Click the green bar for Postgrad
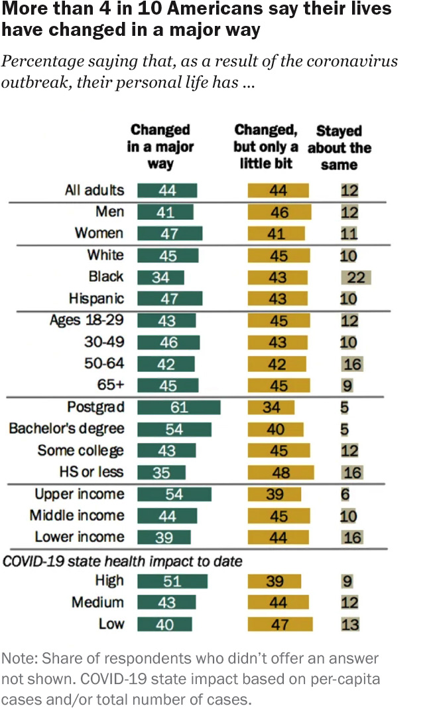[179, 407]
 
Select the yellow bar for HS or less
[280, 472]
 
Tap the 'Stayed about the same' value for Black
[356, 277]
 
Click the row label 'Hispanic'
[96, 298]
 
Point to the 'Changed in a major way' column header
[160, 147]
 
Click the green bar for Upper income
[174, 494]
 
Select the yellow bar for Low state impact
[279, 624]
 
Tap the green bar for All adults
[167, 190]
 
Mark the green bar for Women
[170, 233]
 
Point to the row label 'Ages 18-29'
[87, 320]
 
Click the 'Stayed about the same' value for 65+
[347, 385]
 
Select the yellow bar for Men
[279, 212]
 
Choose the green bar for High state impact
[172, 581]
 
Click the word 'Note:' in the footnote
[18, 659]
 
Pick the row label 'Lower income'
[80, 537]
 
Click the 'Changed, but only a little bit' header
[265, 147]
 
